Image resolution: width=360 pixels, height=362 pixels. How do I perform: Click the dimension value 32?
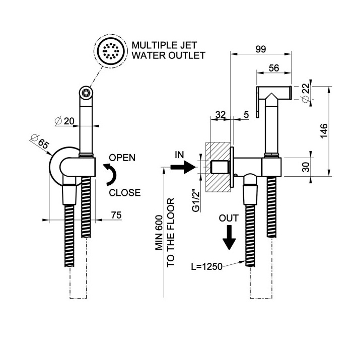tap(220, 114)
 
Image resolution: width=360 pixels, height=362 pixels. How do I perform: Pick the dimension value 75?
tap(117, 215)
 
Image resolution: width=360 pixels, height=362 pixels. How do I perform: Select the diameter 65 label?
tap(40, 141)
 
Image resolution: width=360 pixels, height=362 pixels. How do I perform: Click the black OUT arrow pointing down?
tap(229, 237)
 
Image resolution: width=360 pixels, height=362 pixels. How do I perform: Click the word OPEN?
tap(122, 158)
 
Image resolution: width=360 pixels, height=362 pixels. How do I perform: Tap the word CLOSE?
tap(124, 192)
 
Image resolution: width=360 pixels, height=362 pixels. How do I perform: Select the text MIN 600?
tap(160, 234)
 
